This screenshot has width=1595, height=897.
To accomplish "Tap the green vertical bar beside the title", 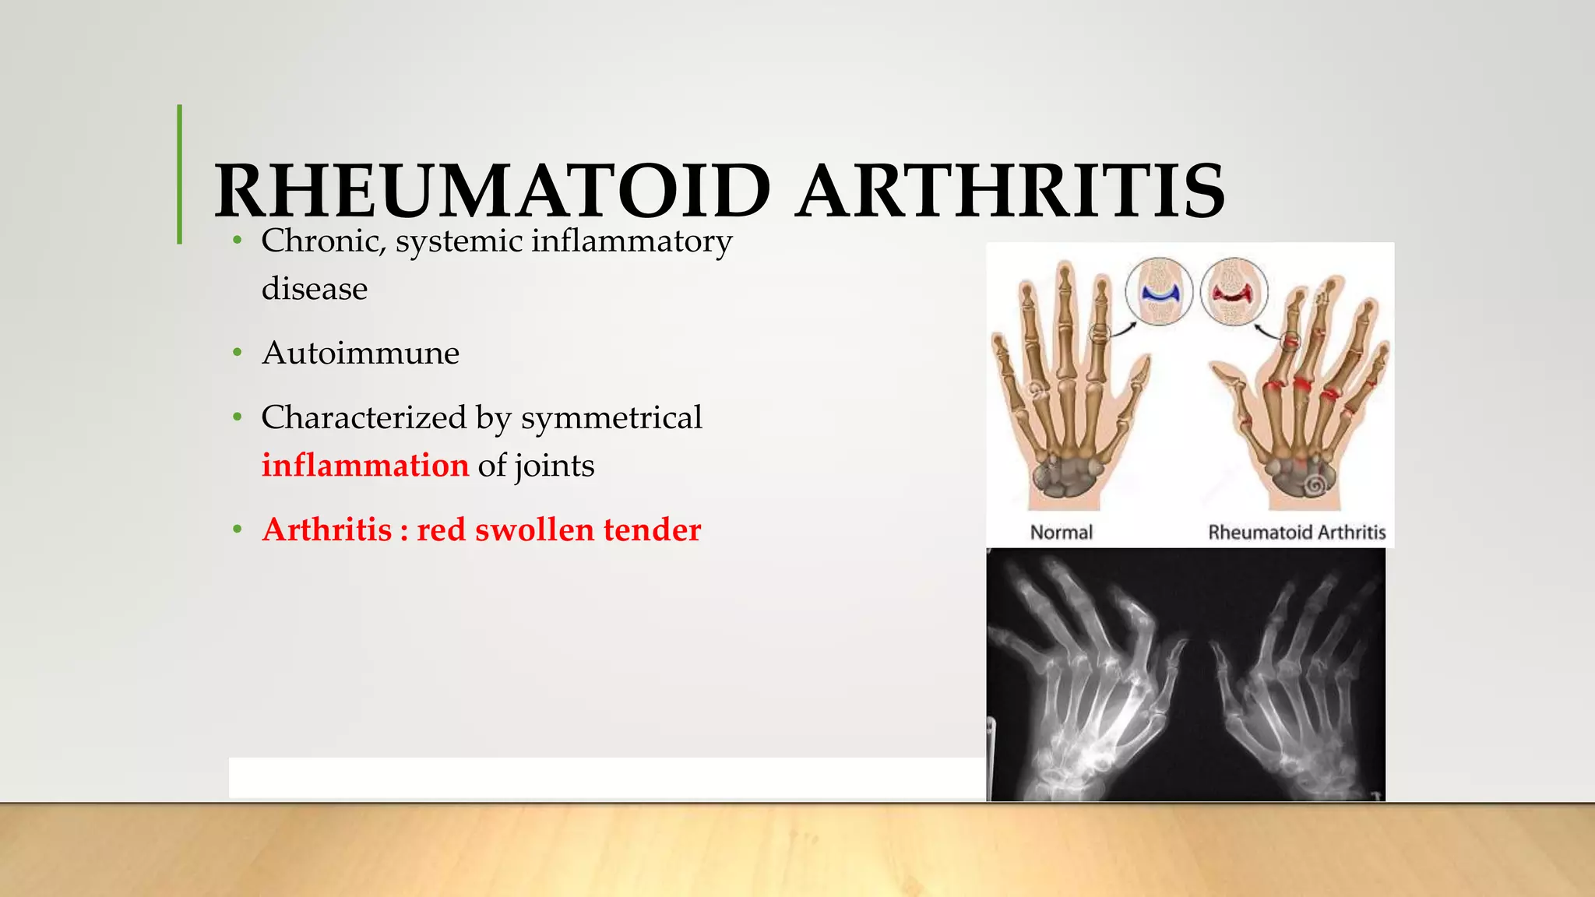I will pos(180,174).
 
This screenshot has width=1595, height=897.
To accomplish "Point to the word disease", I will pos(315,289).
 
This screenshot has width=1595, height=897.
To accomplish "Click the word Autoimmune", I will pos(361,354).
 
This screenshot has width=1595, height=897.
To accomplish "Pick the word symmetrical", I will pos(611,418).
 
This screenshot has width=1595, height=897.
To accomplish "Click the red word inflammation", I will pos(365,466).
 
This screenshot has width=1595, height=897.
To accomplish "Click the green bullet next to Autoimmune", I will pos(238,354).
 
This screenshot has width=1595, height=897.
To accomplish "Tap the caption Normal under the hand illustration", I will pos(1061,533).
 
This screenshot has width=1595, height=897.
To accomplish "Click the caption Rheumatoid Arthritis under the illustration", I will pos(1297,533).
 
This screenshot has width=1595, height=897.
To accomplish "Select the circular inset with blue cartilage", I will pos(1159,292).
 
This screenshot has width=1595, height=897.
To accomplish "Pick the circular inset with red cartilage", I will pos(1234,292).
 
